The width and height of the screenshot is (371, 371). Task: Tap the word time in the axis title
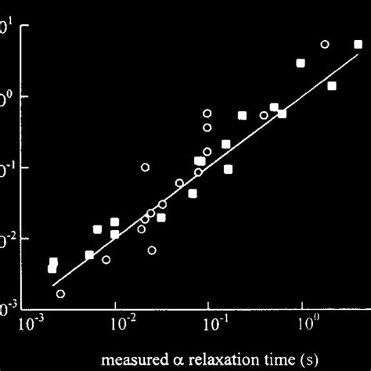pyautogui.click(x=261, y=361)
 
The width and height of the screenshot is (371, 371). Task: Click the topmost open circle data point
pyautogui.click(x=325, y=45)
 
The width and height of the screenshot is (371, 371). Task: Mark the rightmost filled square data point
pyautogui.click(x=358, y=45)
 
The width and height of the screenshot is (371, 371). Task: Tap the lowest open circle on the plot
pyautogui.click(x=60, y=294)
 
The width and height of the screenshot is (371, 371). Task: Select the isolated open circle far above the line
pyautogui.click(x=145, y=167)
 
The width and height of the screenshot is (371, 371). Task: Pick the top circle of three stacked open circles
pyautogui.click(x=207, y=113)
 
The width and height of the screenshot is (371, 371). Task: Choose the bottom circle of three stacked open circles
pyautogui.click(x=207, y=152)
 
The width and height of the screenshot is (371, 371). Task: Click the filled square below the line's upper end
pyautogui.click(x=332, y=85)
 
